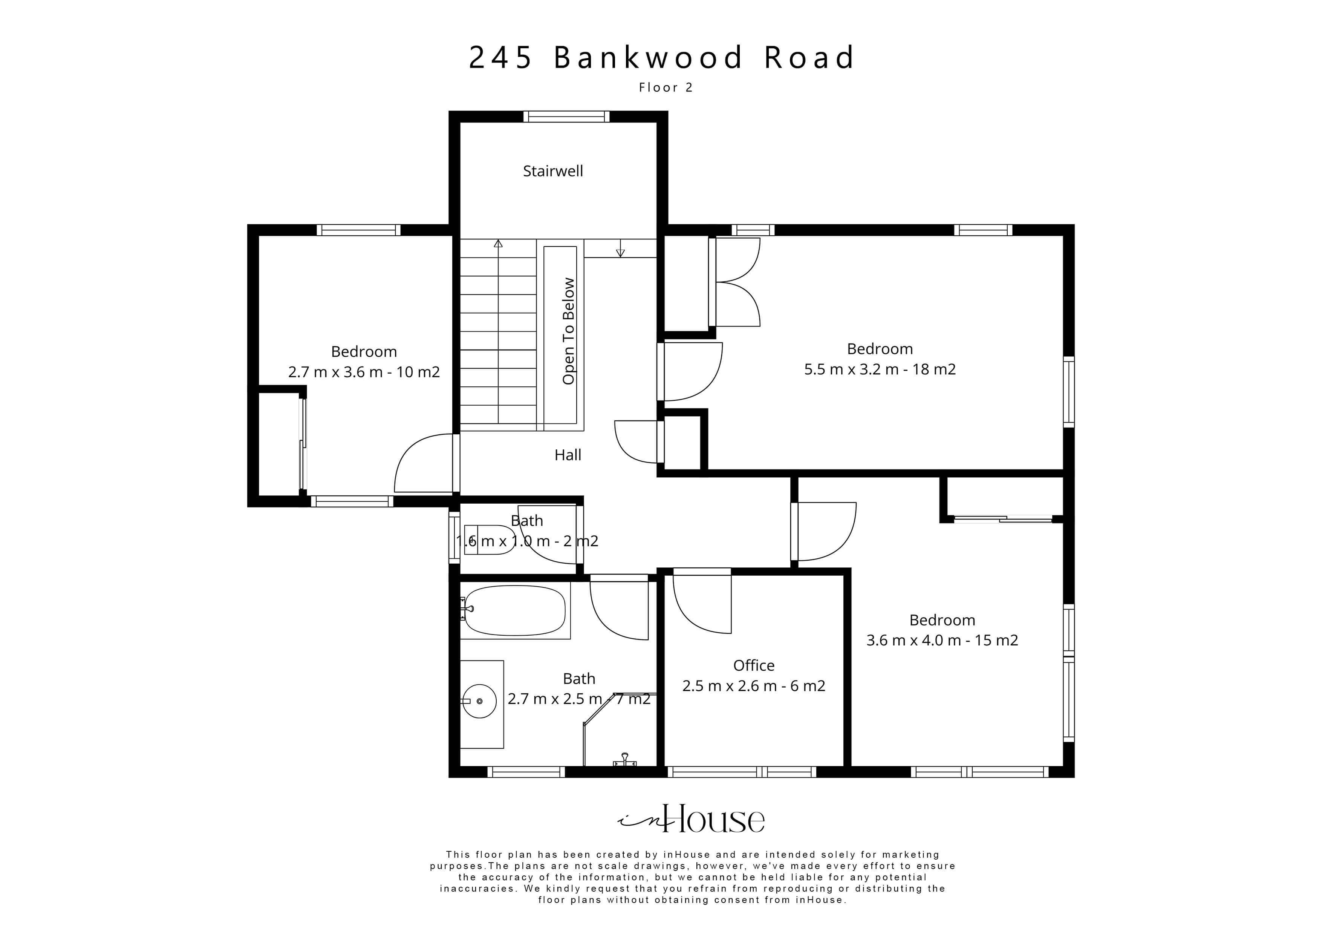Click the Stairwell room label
click(x=553, y=171)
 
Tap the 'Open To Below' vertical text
click(x=568, y=331)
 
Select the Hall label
click(x=568, y=455)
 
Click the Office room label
click(x=754, y=665)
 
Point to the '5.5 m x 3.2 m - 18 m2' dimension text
click(x=880, y=369)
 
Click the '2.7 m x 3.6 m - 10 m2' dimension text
click(x=364, y=372)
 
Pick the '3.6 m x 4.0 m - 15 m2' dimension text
click(x=942, y=640)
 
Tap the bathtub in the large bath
click(x=515, y=611)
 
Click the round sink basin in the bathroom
click(x=480, y=701)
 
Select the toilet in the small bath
click(x=489, y=540)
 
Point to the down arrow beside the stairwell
click(x=620, y=252)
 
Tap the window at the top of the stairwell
click(x=566, y=117)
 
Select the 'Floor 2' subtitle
click(x=666, y=87)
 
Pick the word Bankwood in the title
click(x=648, y=58)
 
